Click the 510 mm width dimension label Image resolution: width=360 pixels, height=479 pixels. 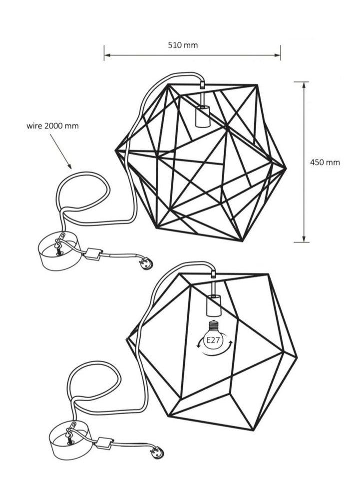pos(183,45)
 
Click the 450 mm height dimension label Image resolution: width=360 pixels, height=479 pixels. pos(325,162)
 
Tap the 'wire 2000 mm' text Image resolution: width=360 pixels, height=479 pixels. pos(52,126)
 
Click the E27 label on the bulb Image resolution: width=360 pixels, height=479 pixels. pos(214,340)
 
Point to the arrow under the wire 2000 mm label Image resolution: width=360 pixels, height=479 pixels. pos(61,151)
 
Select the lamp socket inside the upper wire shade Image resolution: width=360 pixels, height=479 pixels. pos(202,116)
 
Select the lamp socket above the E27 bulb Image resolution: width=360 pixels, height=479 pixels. pos(213,305)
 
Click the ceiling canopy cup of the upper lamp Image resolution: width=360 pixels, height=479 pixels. pos(59,253)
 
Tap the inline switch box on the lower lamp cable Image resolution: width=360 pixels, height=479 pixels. pos(104,443)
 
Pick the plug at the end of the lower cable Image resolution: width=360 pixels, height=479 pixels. pos(157,452)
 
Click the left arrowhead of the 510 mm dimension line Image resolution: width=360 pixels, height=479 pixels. pos(107,55)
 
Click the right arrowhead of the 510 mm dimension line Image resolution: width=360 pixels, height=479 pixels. pos(278,55)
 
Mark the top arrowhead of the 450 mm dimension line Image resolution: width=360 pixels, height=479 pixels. pos(304,85)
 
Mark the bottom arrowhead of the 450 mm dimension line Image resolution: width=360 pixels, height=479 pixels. pos(304,239)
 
